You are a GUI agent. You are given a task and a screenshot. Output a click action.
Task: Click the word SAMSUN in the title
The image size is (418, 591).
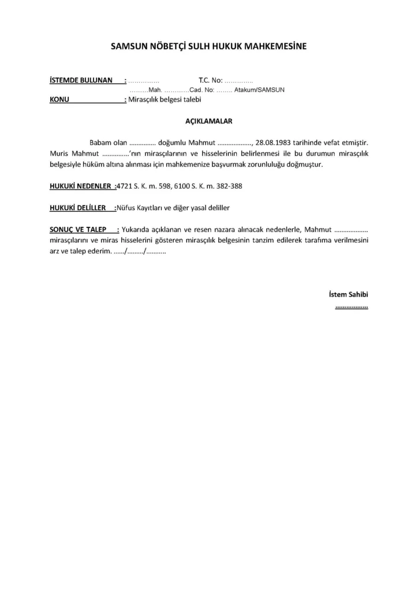coord(129,46)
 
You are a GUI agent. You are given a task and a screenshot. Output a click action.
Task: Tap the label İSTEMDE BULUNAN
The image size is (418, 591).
coord(81,80)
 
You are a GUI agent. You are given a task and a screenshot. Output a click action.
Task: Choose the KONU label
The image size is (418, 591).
coord(59,99)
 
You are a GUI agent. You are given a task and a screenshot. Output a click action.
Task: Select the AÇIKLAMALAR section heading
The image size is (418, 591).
coord(208,121)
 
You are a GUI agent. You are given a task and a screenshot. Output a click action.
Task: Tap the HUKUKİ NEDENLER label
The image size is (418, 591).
coord(81,186)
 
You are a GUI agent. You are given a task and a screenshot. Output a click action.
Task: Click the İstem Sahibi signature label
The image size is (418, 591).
coord(348,294)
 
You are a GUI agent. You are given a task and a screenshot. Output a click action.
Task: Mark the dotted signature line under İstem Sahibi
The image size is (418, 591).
coord(352,307)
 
